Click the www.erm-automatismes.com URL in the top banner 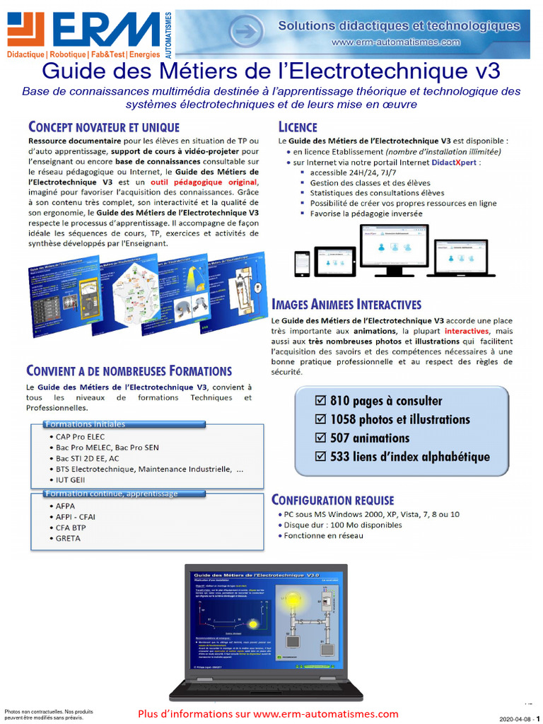pyautogui.click(x=396, y=42)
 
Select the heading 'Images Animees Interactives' pyautogui.click(x=346, y=305)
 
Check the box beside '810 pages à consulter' pyautogui.click(x=321, y=401)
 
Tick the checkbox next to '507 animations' pyautogui.click(x=321, y=438)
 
